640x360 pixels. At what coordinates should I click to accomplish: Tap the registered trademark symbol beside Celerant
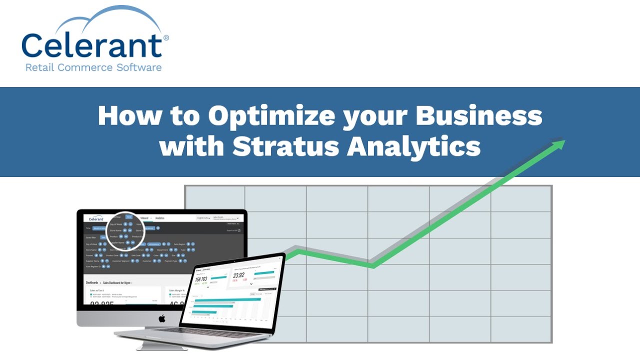[166, 38]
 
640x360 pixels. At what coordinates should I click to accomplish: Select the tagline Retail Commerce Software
[93, 67]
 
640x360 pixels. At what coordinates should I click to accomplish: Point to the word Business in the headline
[479, 116]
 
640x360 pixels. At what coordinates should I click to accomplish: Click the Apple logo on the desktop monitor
[162, 318]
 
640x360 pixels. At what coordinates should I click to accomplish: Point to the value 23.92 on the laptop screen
[239, 275]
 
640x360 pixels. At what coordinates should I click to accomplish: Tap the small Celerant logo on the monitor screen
[96, 218]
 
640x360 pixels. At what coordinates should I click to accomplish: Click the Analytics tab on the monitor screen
[160, 218]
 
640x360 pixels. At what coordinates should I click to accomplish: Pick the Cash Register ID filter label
[93, 266]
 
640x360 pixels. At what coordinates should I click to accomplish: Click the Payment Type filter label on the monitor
[171, 260]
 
